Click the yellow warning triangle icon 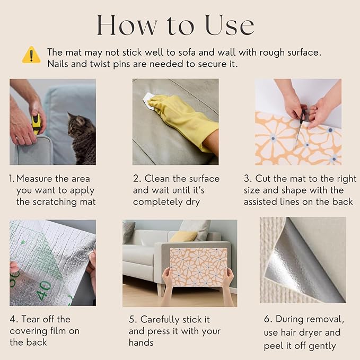[x=31, y=55]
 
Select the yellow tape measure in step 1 [x=36, y=124]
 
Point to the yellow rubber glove [x=183, y=122]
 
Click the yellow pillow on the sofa [x=183, y=236]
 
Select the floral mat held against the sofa [x=199, y=267]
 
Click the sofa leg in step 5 [x=161, y=290]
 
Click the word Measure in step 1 [x=34, y=179]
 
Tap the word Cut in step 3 [x=262, y=179]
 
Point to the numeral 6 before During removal [x=267, y=319]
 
